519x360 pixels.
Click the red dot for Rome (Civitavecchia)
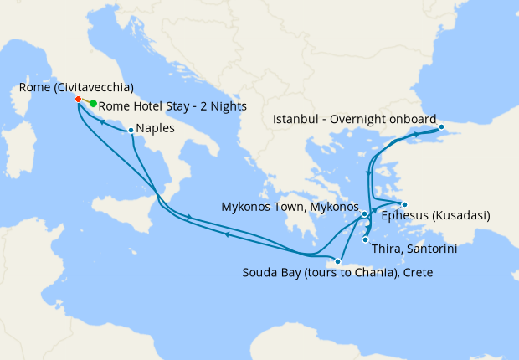(78, 99)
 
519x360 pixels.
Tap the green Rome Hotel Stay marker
(93, 104)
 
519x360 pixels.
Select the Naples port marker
(131, 130)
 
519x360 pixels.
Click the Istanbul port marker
(443, 127)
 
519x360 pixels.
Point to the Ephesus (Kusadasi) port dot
(403, 205)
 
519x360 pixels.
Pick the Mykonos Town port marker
(365, 214)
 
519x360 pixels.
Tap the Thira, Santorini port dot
(365, 240)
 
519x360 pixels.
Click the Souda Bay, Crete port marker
(337, 261)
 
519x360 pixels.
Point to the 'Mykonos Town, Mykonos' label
(289, 206)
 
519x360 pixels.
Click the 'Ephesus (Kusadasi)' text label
(435, 216)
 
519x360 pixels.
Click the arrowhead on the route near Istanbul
(417, 134)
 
